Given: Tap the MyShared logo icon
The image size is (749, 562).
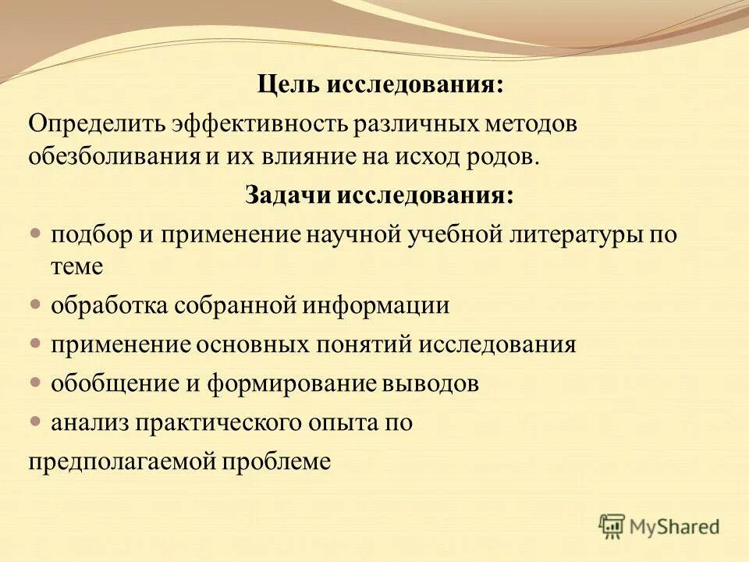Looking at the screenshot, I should (612, 527).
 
